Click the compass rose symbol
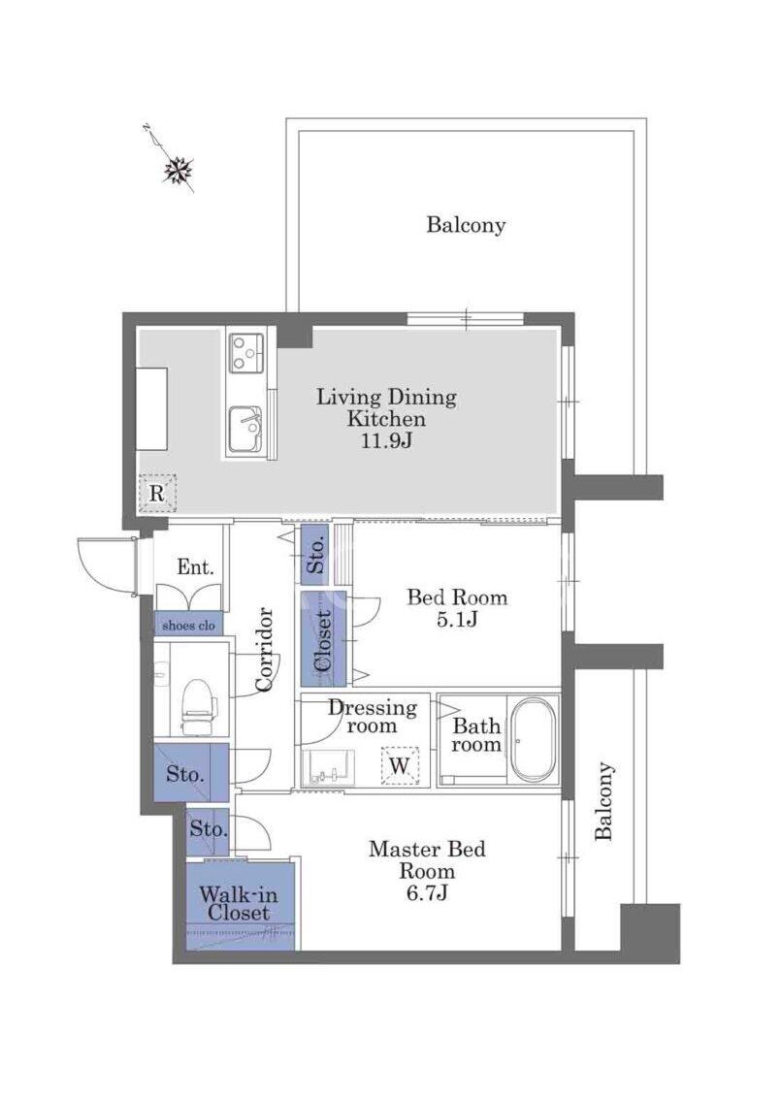click(x=179, y=170)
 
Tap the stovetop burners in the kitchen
click(x=246, y=352)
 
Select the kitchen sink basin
click(x=245, y=428)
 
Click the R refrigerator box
click(x=156, y=493)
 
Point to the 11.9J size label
click(x=386, y=441)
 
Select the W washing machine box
click(x=400, y=766)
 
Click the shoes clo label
click(x=189, y=626)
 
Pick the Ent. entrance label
click(x=195, y=566)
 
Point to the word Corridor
click(x=265, y=650)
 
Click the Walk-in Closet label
click(x=239, y=904)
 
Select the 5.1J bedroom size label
click(x=457, y=619)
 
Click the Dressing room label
click(x=373, y=717)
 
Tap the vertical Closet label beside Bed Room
click(x=323, y=641)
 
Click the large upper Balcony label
click(x=466, y=225)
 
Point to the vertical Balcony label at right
click(x=604, y=801)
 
